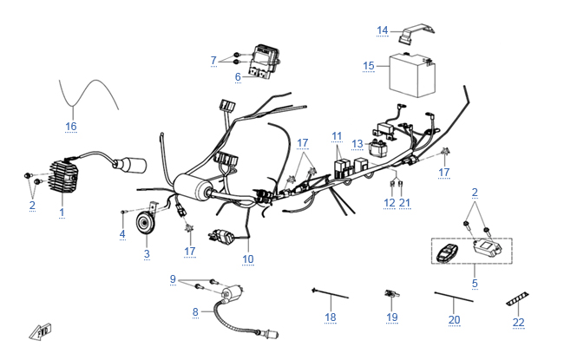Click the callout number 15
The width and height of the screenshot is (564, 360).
(x=369, y=66)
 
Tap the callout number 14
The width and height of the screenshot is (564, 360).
(x=382, y=30)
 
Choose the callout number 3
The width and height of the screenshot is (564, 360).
(x=147, y=253)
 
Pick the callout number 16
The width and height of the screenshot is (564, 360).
(x=71, y=126)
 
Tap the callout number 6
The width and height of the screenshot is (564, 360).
(x=237, y=77)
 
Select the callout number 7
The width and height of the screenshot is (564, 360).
(x=213, y=60)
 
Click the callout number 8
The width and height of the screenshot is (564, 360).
(x=195, y=311)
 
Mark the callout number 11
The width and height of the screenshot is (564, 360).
(x=337, y=136)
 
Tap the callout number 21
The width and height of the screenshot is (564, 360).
(x=404, y=203)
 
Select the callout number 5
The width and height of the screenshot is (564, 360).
(x=475, y=283)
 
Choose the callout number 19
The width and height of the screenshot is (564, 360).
(x=392, y=318)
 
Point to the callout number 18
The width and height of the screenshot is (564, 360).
(x=330, y=318)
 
